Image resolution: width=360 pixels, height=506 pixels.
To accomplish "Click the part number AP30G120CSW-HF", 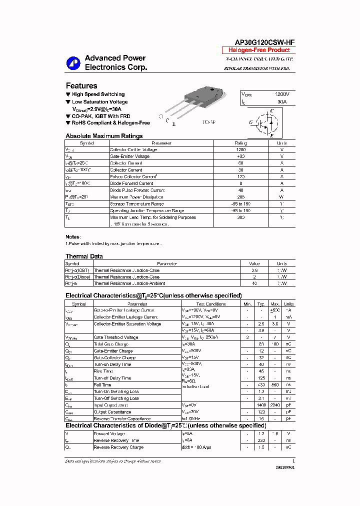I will (x=258, y=43).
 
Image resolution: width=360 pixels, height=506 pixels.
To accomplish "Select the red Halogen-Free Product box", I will (x=258, y=50).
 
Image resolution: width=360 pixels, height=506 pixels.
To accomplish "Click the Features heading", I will (x=81, y=85).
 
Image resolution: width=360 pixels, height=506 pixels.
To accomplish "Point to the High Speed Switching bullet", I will (x=98, y=94).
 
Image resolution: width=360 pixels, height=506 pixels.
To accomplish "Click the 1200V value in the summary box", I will (x=282, y=94).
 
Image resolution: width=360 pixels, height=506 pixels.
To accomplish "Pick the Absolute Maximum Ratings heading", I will (x=104, y=136).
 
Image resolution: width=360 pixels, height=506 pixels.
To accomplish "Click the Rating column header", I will (x=241, y=143).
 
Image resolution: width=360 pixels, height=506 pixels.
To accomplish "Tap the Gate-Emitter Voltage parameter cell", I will (x=129, y=156).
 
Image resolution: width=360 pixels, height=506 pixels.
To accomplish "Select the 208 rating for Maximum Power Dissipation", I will (x=241, y=197).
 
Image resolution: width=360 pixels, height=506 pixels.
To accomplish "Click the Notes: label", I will (x=73, y=236).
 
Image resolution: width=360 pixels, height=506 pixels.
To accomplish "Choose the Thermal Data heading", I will (x=84, y=256).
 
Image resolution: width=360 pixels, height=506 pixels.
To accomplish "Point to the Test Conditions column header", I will (x=211, y=304).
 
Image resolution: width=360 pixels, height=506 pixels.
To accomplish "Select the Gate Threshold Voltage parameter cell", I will (x=116, y=337).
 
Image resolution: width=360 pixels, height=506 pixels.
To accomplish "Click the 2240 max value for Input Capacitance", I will (x=275, y=405).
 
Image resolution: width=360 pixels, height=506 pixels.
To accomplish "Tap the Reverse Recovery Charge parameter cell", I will (x=118, y=447).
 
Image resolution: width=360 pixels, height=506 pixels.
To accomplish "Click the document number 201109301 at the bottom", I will (x=284, y=466).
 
